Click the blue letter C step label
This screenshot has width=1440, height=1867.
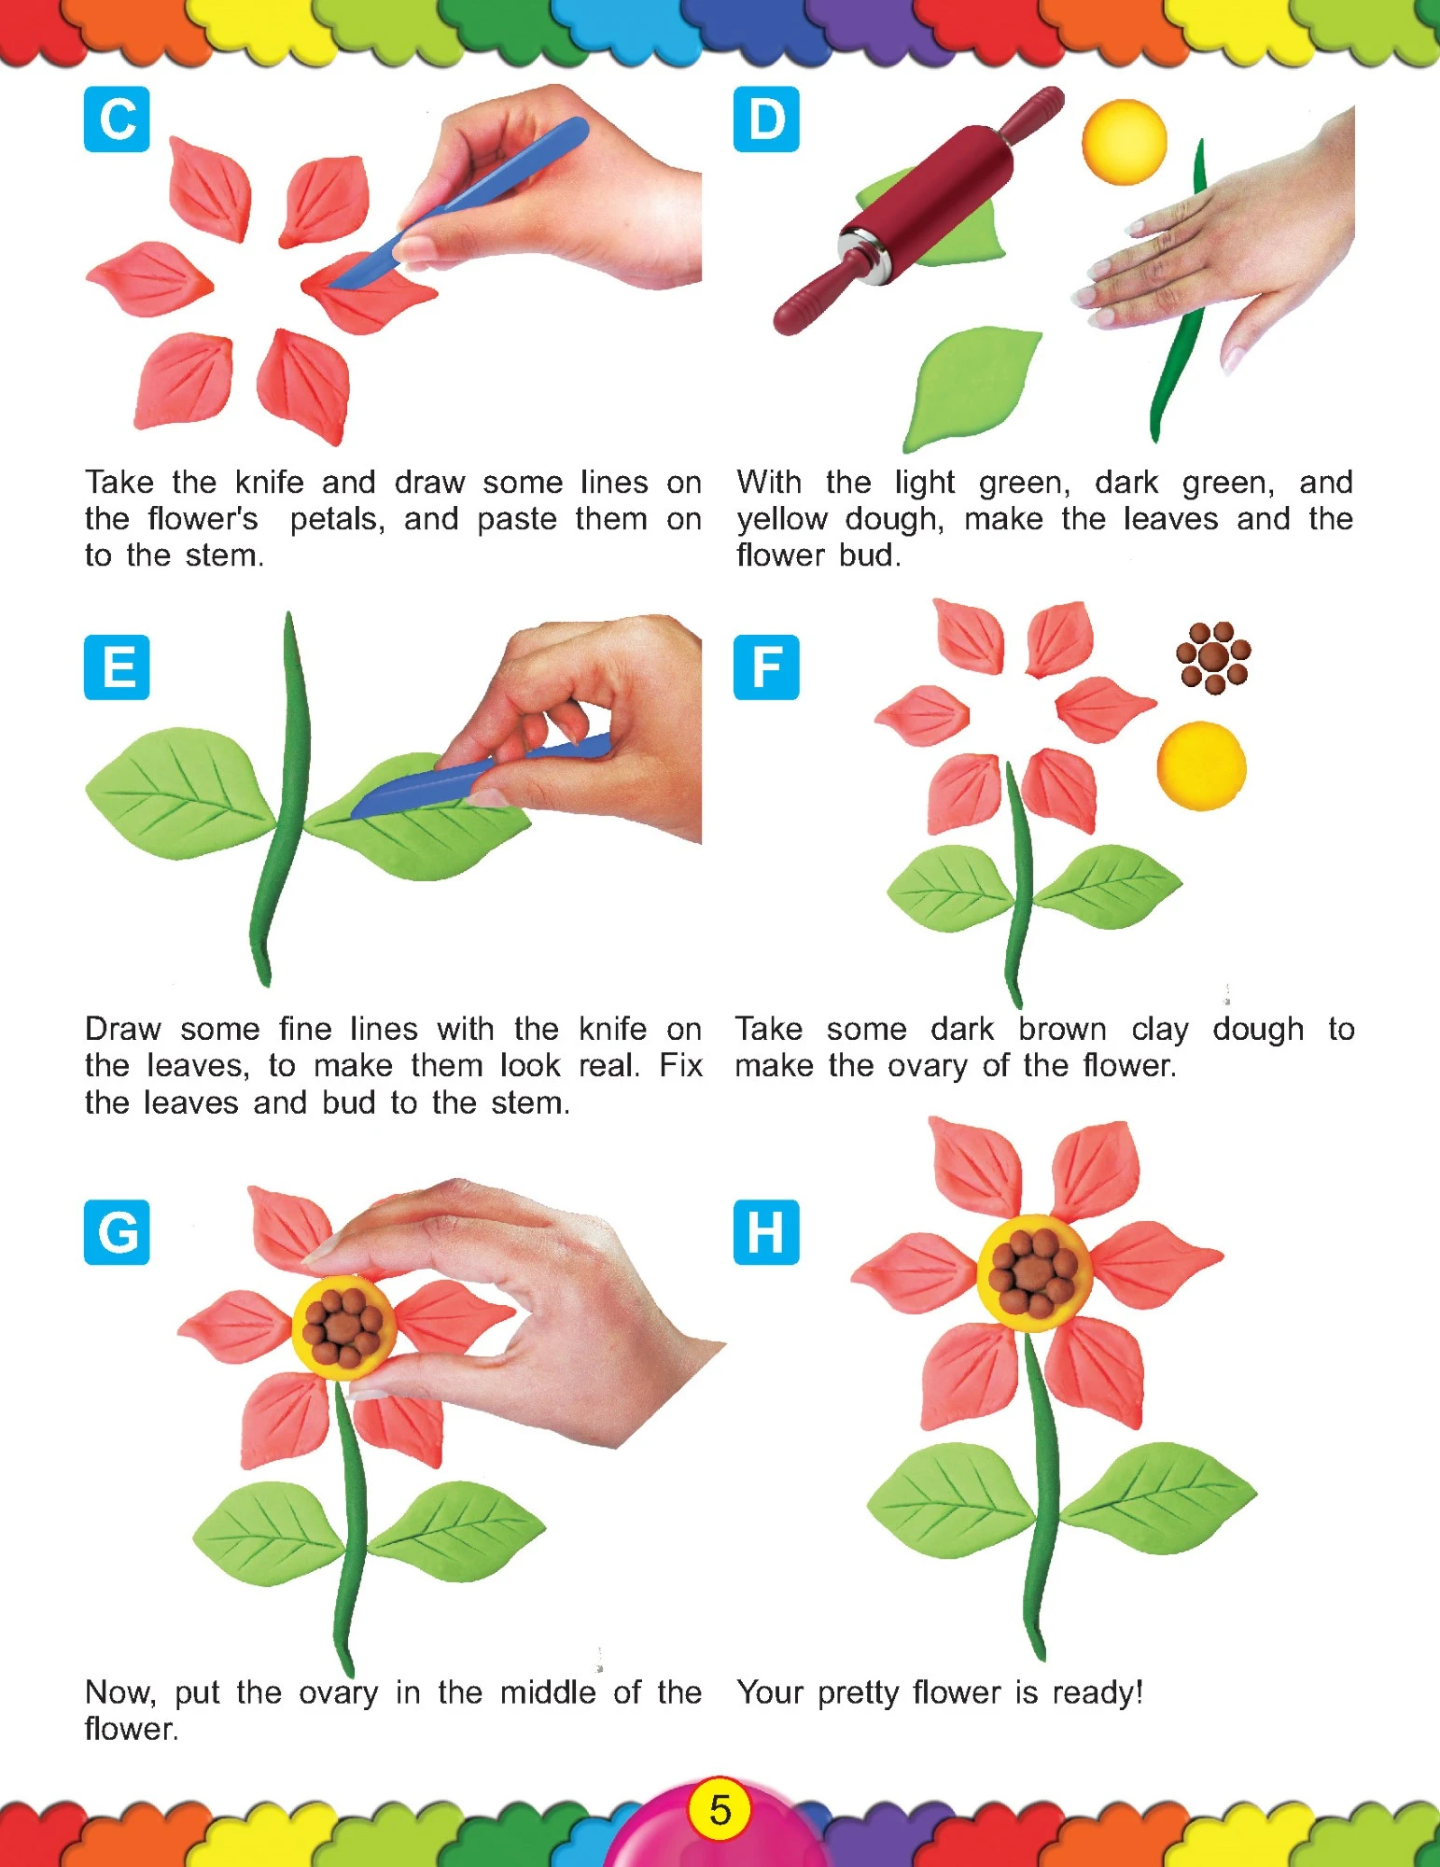tap(117, 119)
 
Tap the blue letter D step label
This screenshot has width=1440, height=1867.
tap(766, 119)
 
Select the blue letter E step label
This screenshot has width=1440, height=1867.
tap(117, 667)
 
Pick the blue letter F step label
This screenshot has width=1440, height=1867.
tap(766, 667)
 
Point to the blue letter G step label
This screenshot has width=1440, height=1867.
tap(117, 1232)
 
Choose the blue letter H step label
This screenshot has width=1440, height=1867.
tap(766, 1232)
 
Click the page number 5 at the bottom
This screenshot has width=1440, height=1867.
tap(720, 1810)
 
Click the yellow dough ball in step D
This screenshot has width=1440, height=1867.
tap(1125, 141)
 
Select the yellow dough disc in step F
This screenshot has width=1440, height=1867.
tap(1201, 765)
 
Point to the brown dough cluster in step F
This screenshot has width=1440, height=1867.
tap(1213, 657)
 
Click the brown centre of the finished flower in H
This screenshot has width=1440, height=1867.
tap(1033, 1272)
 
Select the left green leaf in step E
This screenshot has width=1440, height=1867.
tap(182, 793)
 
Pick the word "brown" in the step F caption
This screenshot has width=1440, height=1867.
tap(1062, 1029)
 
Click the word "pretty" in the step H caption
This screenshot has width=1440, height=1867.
tap(857, 1693)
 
